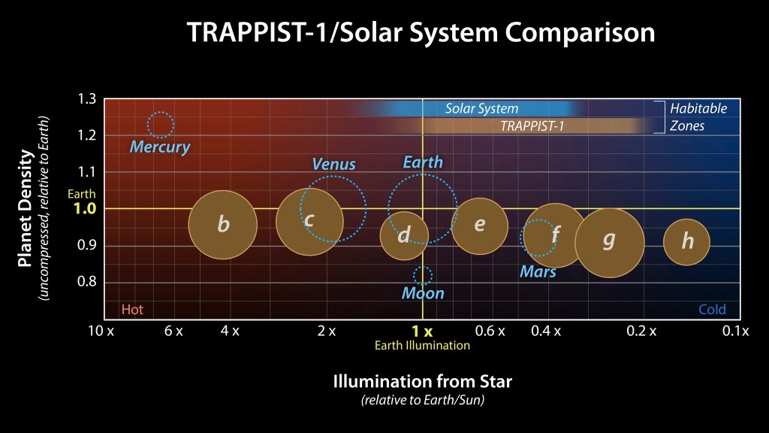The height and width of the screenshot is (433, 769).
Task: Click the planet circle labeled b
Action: point(222,224)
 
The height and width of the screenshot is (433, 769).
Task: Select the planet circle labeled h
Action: point(687,241)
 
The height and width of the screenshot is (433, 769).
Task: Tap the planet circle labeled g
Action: point(610,241)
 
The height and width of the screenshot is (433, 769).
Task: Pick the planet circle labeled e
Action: point(480,226)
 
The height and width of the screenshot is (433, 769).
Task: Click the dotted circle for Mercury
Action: point(161,125)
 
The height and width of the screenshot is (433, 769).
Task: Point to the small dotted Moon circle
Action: point(423,275)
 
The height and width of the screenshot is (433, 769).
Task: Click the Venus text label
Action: point(333,164)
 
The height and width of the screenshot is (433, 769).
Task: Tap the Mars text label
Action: point(538,271)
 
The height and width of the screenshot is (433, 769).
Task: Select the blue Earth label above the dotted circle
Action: point(423,162)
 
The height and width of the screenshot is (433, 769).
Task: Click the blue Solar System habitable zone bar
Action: point(481,109)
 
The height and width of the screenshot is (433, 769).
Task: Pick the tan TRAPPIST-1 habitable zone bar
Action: point(532,126)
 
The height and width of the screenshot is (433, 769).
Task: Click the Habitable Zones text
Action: point(698,117)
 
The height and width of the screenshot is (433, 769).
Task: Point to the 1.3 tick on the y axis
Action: point(86,99)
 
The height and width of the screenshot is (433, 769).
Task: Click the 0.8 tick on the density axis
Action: point(86,282)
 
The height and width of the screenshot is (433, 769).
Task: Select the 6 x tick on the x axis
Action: point(173,332)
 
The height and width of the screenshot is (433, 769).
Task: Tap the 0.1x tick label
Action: point(736,332)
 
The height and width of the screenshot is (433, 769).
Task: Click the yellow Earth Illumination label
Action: point(423,346)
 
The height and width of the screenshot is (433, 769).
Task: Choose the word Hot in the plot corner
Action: point(132,310)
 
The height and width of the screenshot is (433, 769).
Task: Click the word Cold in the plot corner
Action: point(712,310)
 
